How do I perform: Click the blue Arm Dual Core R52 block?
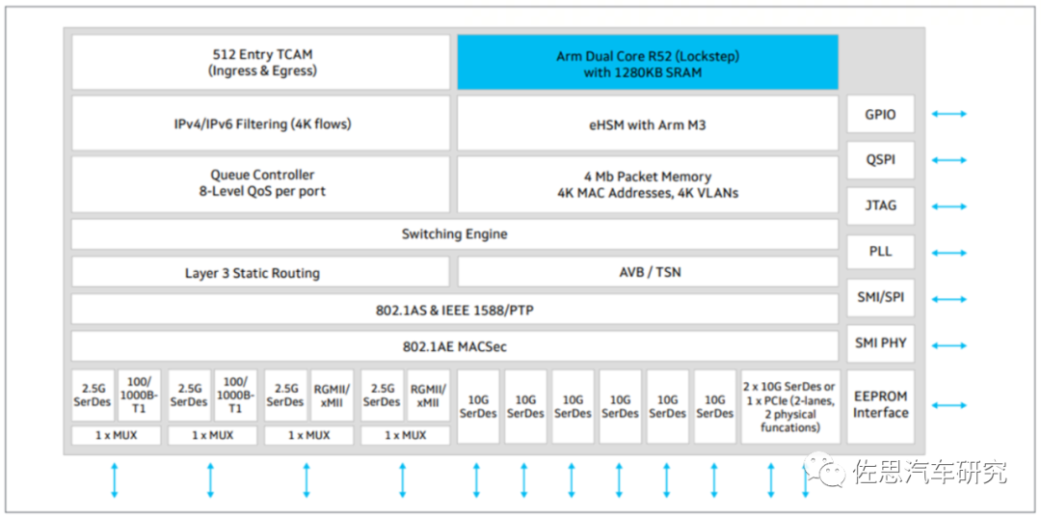(x=647, y=64)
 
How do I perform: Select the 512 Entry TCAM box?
(x=261, y=63)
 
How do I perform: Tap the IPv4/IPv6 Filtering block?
(x=261, y=123)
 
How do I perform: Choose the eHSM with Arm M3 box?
(x=647, y=123)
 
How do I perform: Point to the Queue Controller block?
(x=261, y=183)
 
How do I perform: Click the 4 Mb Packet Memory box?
(x=647, y=183)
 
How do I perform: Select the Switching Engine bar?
(x=454, y=234)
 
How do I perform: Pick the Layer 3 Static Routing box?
(x=261, y=273)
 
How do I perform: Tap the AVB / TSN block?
(x=647, y=273)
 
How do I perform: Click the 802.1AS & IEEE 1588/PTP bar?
(x=454, y=311)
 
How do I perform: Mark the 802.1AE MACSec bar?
(x=454, y=346)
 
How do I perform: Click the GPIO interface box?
(x=880, y=115)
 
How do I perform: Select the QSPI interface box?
(x=880, y=160)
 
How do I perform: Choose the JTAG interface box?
(x=880, y=205)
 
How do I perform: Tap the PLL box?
(x=880, y=252)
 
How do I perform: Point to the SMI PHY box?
(x=880, y=343)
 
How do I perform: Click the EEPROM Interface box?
(x=880, y=405)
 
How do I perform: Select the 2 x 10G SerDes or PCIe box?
(x=789, y=406)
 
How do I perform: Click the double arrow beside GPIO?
(x=948, y=115)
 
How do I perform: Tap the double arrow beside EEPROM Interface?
(x=948, y=406)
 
